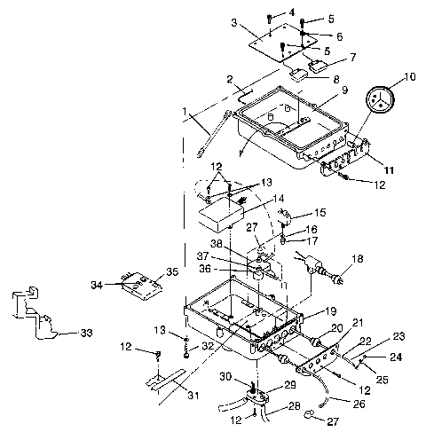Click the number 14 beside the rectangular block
click(254, 199)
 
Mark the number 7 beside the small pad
click(351, 58)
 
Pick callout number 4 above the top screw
click(292, 12)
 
